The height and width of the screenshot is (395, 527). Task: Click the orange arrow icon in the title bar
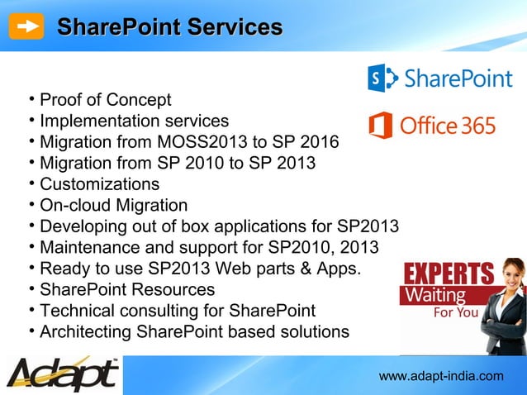tap(30, 26)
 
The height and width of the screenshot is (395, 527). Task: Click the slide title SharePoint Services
tap(169, 26)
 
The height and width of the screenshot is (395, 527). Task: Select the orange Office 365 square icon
tap(380, 126)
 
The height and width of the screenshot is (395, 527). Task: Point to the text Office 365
tap(448, 126)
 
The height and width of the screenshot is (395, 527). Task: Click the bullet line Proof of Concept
tap(106, 101)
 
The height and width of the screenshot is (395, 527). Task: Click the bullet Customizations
tap(99, 183)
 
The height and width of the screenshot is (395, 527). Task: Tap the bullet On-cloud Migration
tap(113, 205)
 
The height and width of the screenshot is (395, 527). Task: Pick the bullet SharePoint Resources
tap(127, 290)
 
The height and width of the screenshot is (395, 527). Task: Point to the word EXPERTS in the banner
tap(448, 274)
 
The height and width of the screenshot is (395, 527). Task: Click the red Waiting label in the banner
tap(433, 295)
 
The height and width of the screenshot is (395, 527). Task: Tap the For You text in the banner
tap(456, 313)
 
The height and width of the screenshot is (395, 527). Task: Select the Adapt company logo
tap(62, 374)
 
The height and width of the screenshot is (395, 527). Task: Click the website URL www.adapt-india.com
tap(440, 377)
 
